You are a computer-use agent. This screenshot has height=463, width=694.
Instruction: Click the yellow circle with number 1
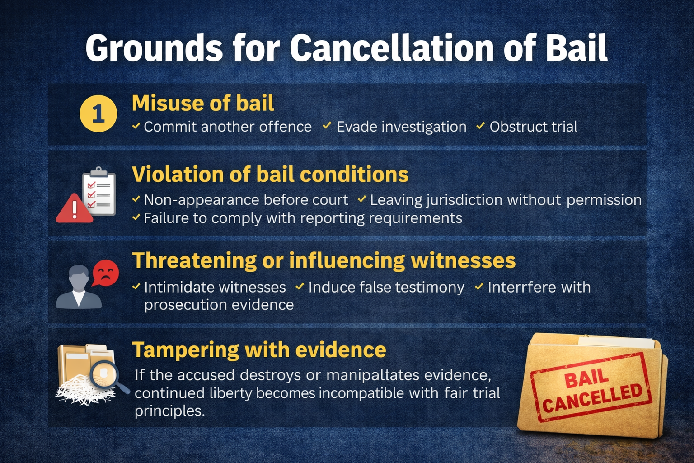98,113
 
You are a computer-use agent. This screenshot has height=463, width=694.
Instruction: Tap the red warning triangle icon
75,208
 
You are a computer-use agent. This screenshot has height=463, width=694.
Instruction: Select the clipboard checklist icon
99,191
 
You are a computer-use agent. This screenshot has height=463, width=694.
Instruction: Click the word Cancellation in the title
392,48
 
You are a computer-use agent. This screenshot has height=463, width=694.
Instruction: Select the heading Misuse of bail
203,103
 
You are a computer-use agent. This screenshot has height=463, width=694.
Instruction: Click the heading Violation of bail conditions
270,174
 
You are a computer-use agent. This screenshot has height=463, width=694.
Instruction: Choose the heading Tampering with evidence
259,350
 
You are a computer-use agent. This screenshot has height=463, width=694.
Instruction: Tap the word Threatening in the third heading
194,260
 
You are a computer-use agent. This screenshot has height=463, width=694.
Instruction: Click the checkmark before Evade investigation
327,126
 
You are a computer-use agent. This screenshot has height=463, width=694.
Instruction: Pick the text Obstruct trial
533,127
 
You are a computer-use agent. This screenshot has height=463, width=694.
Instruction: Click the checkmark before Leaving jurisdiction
362,199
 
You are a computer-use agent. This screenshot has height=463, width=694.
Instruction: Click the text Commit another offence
228,127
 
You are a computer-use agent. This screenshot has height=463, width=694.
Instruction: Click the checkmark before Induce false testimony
300,286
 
